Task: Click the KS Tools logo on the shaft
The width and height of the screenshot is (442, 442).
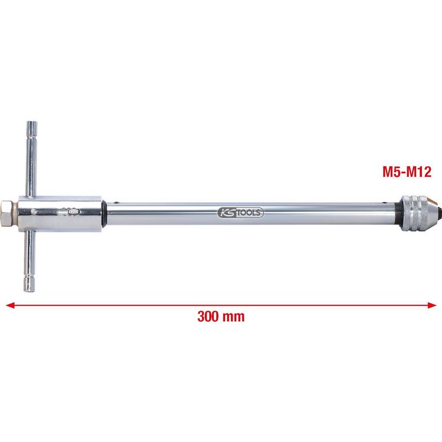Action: click(x=240, y=212)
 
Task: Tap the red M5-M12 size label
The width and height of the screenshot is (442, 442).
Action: click(x=407, y=171)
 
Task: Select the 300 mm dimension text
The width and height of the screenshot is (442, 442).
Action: click(x=221, y=316)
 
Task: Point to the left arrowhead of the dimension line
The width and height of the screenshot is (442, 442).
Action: click(x=10, y=305)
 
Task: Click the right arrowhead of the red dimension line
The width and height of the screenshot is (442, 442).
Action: click(x=432, y=305)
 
